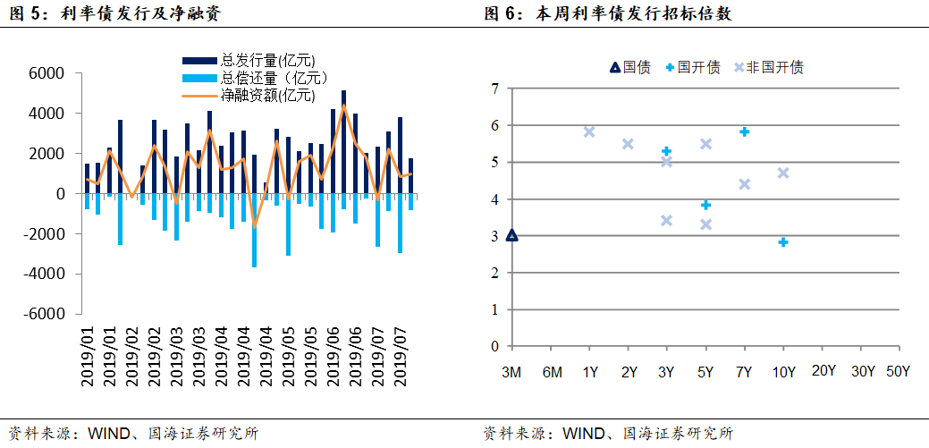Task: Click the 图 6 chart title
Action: click(x=612, y=13)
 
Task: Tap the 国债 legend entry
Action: click(x=629, y=67)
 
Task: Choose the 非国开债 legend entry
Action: click(x=768, y=67)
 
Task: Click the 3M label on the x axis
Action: click(x=511, y=371)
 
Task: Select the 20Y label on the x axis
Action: click(x=823, y=371)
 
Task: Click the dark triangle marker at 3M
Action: click(x=511, y=235)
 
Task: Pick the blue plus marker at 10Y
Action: click(x=783, y=242)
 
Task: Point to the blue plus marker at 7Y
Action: click(x=744, y=131)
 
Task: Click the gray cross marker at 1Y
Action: click(x=589, y=131)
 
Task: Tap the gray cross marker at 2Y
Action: click(x=628, y=144)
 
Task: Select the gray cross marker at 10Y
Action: click(x=783, y=173)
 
